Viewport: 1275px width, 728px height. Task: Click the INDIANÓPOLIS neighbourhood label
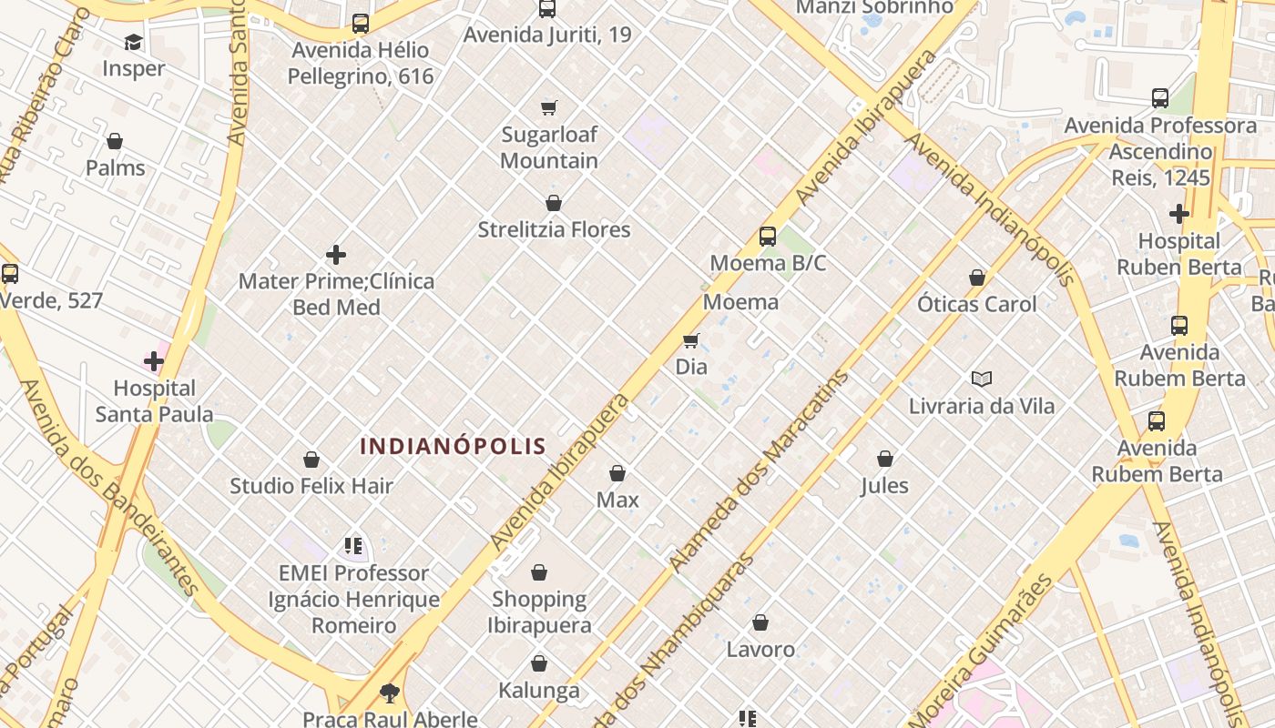453,446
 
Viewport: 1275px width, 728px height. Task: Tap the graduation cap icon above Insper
134,42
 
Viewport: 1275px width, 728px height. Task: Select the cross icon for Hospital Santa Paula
154,361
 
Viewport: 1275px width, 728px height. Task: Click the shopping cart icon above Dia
691,340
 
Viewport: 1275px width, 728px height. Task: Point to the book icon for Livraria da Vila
981,379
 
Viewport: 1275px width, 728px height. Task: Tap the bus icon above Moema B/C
768,237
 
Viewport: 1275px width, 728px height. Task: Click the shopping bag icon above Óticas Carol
977,277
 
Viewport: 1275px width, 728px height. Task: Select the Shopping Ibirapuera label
539,612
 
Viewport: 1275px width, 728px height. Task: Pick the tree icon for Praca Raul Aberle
390,693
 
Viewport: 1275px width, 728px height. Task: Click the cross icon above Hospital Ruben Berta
1179,214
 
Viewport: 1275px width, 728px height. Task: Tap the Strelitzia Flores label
554,229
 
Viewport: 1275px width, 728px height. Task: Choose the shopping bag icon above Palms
115,141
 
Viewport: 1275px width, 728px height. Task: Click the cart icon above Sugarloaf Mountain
549,108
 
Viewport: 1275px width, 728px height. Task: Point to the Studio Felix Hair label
311,486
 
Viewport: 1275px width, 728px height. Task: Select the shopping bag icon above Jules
884,459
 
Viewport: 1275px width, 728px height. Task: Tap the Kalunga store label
539,691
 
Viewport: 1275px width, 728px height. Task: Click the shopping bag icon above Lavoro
760,622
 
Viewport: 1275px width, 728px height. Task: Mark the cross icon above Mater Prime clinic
336,255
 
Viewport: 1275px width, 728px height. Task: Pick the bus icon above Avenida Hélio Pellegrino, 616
361,24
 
